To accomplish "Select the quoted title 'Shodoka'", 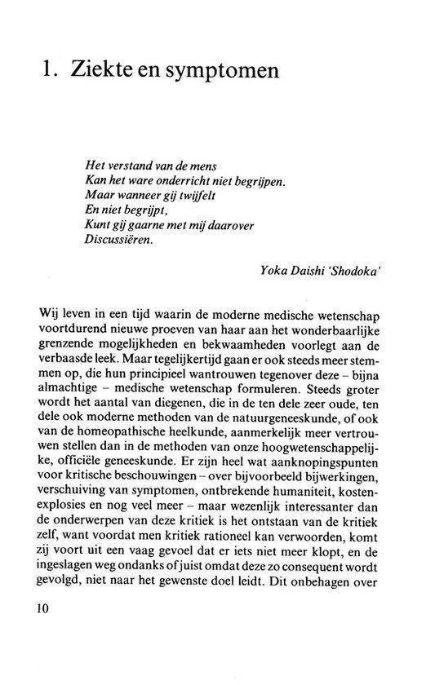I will pos(355,273).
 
